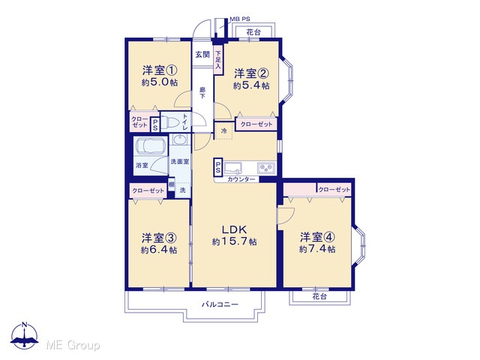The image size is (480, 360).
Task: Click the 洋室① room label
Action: pyautogui.click(x=160, y=70)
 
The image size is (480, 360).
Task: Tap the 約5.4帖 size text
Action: pyautogui.click(x=251, y=85)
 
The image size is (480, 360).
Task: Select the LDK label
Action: pyautogui.click(x=235, y=229)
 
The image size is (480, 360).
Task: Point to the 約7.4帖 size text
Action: pyautogui.click(x=317, y=249)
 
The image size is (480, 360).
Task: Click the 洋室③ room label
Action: pyautogui.click(x=159, y=238)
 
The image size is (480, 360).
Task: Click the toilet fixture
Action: pyautogui.click(x=169, y=121)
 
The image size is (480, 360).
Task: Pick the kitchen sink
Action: pyautogui.click(x=232, y=168)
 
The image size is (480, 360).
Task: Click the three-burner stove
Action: pyautogui.click(x=267, y=168)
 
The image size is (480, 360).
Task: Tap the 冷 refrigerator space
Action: pyautogui.click(x=223, y=130)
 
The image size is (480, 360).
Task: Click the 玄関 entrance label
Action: pyautogui.click(x=202, y=55)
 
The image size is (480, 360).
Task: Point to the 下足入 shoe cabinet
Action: pyautogui.click(x=218, y=58)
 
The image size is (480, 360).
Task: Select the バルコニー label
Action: pyautogui.click(x=220, y=304)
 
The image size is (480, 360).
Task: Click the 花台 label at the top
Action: pyautogui.click(x=253, y=31)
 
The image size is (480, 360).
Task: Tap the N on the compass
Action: pyautogui.click(x=25, y=325)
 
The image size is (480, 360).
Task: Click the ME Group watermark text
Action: pyautogui.click(x=73, y=345)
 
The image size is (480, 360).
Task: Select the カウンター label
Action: pyautogui.click(x=241, y=180)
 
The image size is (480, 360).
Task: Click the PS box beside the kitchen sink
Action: pyautogui.click(x=217, y=166)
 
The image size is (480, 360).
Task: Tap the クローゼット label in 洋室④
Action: pyautogui.click(x=334, y=190)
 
